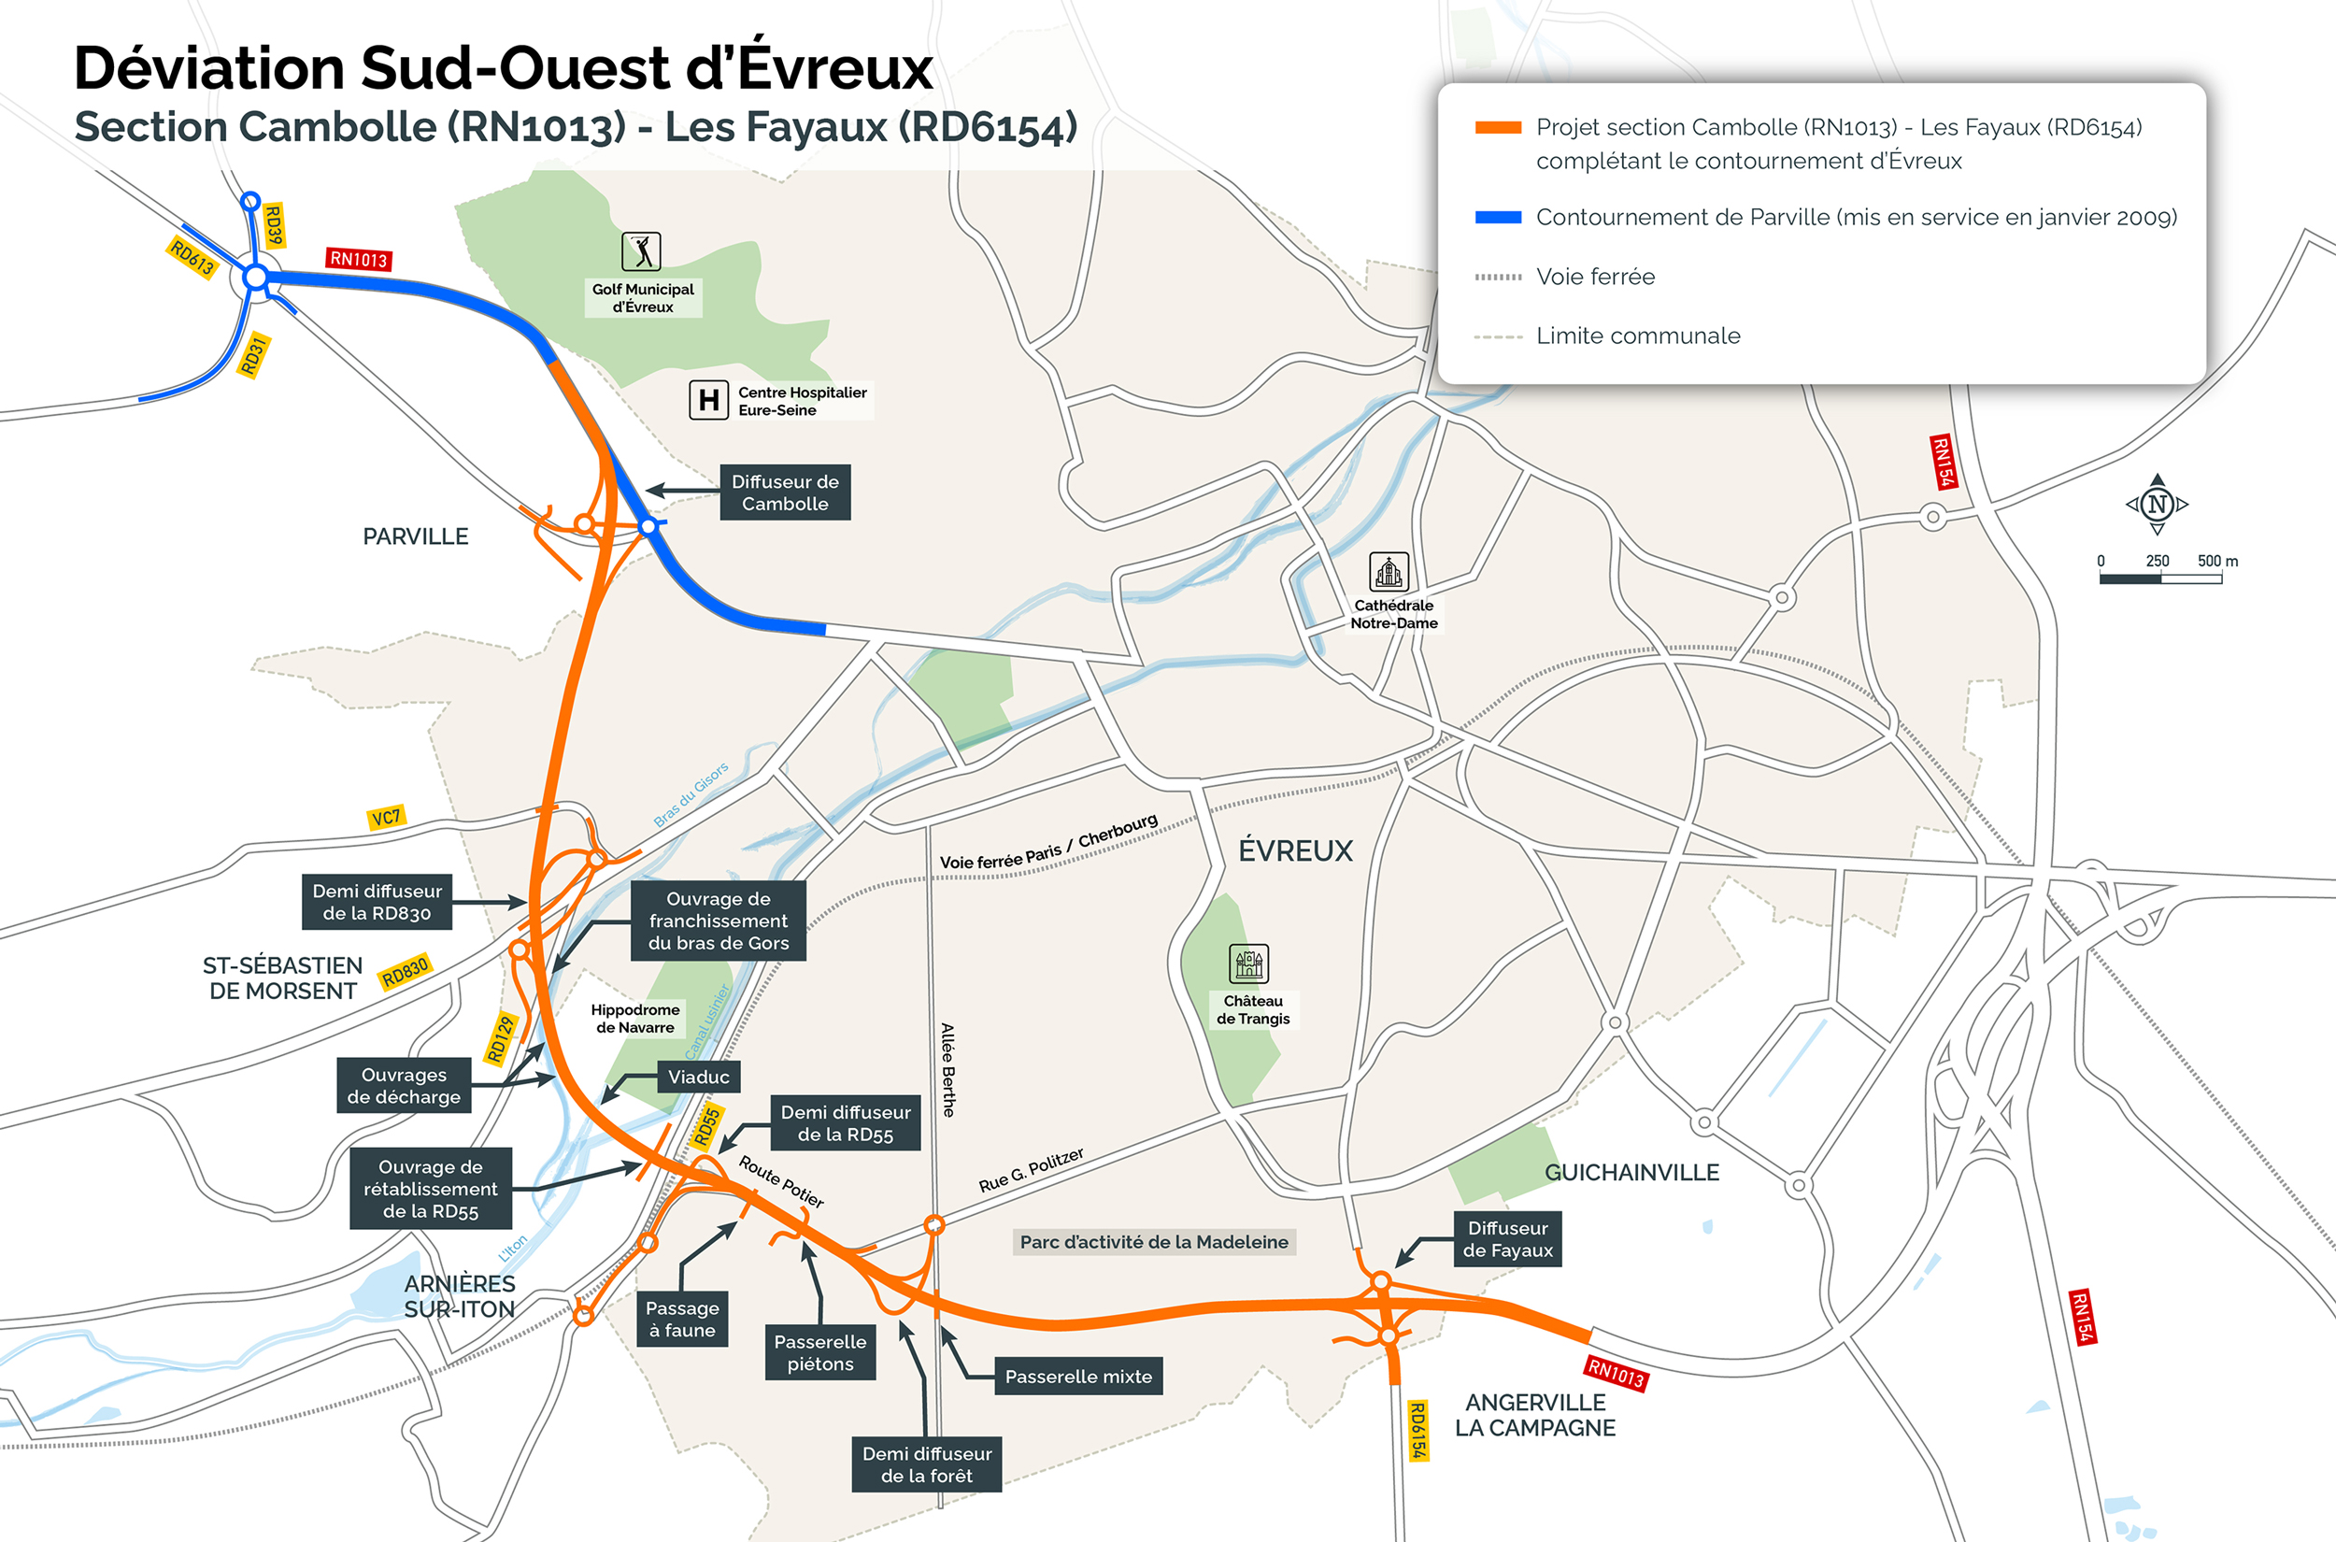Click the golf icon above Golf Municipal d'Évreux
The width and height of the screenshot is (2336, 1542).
pyautogui.click(x=641, y=251)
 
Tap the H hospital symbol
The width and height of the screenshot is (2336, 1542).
pyautogui.click(x=708, y=400)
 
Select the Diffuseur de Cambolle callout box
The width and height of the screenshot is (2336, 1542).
pyautogui.click(x=785, y=493)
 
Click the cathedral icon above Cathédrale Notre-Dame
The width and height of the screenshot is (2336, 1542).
pyautogui.click(x=1389, y=571)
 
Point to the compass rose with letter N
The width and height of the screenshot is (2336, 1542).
pyautogui.click(x=2158, y=505)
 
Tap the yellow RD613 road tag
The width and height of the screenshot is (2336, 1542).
pyautogui.click(x=192, y=258)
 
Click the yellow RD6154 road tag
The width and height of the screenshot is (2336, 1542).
pyautogui.click(x=1417, y=1431)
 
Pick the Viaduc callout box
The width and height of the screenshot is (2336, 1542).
pyautogui.click(x=698, y=1077)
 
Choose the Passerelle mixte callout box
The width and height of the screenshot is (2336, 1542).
pyautogui.click(x=1077, y=1377)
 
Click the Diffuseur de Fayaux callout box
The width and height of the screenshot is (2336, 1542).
pyautogui.click(x=1507, y=1239)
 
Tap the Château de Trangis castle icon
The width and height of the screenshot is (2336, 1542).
pyautogui.click(x=1248, y=964)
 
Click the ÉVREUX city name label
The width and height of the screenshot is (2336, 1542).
pyautogui.click(x=1295, y=850)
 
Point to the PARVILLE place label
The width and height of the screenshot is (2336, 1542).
pyautogui.click(x=415, y=537)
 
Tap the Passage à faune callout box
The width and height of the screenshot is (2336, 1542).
pyautogui.click(x=682, y=1319)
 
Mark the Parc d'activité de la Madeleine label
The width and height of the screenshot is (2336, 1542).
pyautogui.click(x=1153, y=1242)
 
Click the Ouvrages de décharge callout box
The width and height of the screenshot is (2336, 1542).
pyautogui.click(x=403, y=1086)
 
